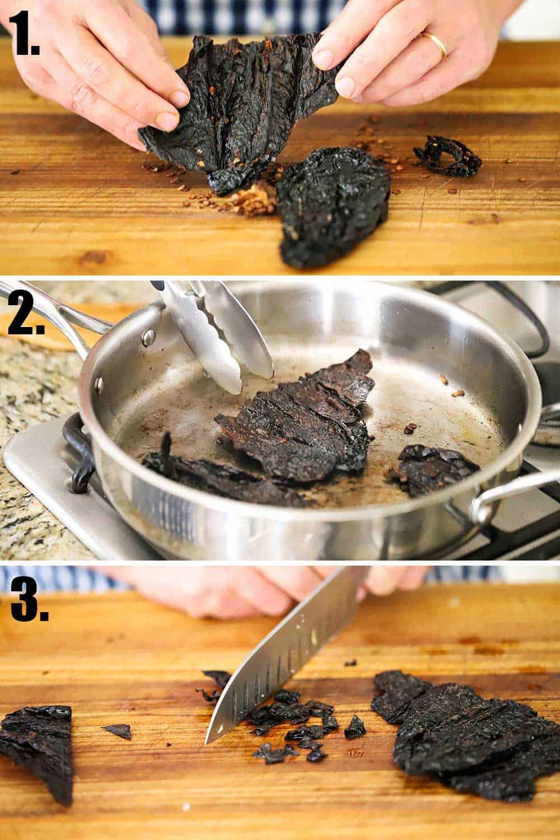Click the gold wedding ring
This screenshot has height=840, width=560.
(x=436, y=44)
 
